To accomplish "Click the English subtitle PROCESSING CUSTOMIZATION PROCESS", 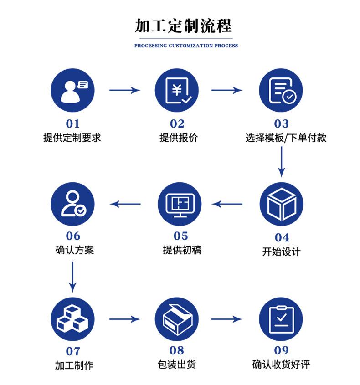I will pos(186,46).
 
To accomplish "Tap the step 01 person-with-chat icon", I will pos(73,90).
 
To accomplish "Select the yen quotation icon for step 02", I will pos(177,90).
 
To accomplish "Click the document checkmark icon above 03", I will pos(281,90).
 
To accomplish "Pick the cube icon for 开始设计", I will pos(281,204).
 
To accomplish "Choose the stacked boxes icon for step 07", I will pos(73,319).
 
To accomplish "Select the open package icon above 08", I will pos(177,319).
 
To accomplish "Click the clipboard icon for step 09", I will pos(281,319).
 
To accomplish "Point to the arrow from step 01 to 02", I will pos(124,90).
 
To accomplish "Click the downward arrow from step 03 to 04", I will pos(282,162).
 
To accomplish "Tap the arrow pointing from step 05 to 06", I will pos(126,204).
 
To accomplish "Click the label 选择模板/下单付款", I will pos(286,138).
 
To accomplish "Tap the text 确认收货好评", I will pos(281,364).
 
